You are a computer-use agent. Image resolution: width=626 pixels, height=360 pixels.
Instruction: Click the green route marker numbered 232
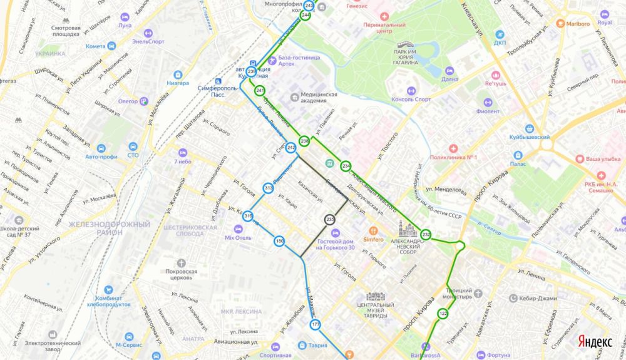pos(426,234)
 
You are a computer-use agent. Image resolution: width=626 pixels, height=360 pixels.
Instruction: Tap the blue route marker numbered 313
pos(268,188)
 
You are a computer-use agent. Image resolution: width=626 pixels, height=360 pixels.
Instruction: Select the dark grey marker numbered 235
pos(330,219)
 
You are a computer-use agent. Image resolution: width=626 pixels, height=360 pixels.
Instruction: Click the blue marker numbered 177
pos(315,324)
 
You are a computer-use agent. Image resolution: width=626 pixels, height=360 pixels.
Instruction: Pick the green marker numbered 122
pos(443,313)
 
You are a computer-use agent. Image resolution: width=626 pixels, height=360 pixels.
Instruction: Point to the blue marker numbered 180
pos(279,241)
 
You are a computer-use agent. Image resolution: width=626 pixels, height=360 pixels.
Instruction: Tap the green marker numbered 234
pos(346,166)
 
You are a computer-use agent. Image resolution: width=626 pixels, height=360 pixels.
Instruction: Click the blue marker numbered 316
pos(249,216)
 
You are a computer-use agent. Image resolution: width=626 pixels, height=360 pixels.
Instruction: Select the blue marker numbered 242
pos(291,148)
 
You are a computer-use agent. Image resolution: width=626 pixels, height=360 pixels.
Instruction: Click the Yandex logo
pos(594,341)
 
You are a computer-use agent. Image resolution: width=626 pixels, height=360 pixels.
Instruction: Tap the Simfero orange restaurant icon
pos(374,230)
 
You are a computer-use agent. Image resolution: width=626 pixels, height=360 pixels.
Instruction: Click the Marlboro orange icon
pos(561,24)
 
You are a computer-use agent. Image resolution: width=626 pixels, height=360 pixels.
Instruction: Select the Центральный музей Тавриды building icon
pos(375,296)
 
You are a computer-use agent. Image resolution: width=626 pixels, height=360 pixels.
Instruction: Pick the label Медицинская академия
pos(314,99)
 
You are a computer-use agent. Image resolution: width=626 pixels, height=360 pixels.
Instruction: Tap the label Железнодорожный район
pos(110,228)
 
